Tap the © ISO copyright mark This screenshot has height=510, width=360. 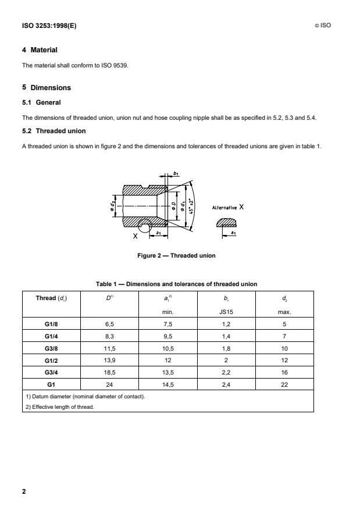pos(322,26)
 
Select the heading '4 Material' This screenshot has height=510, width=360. pos(40,50)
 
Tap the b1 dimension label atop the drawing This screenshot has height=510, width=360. pos(176,173)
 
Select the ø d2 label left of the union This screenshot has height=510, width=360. pos(114,206)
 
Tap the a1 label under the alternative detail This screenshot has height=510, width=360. pos(233,233)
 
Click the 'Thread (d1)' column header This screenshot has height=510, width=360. pos(51,298)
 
